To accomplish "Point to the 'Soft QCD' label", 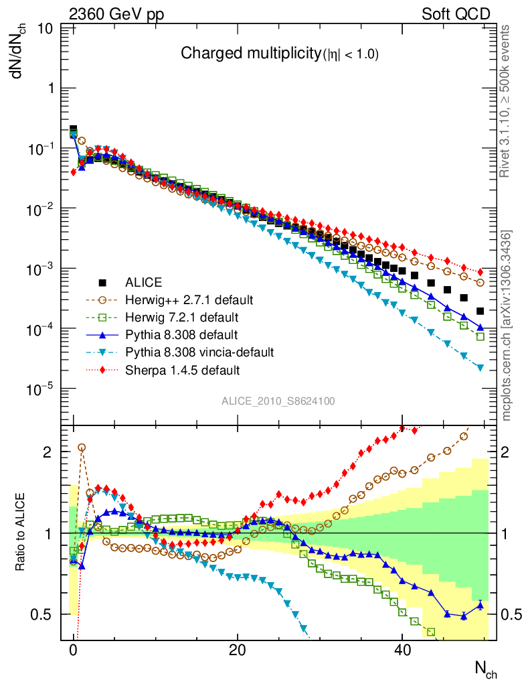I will pyautogui.click(x=456, y=15).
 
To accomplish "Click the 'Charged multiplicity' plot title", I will pyautogui.click(x=280, y=55).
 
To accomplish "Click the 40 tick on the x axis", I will pyautogui.click(x=402, y=650).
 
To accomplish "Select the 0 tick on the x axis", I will pyautogui.click(x=74, y=650).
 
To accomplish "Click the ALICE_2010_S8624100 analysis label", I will pyautogui.click(x=278, y=401).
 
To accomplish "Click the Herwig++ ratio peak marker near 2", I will pyautogui.click(x=82, y=447).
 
